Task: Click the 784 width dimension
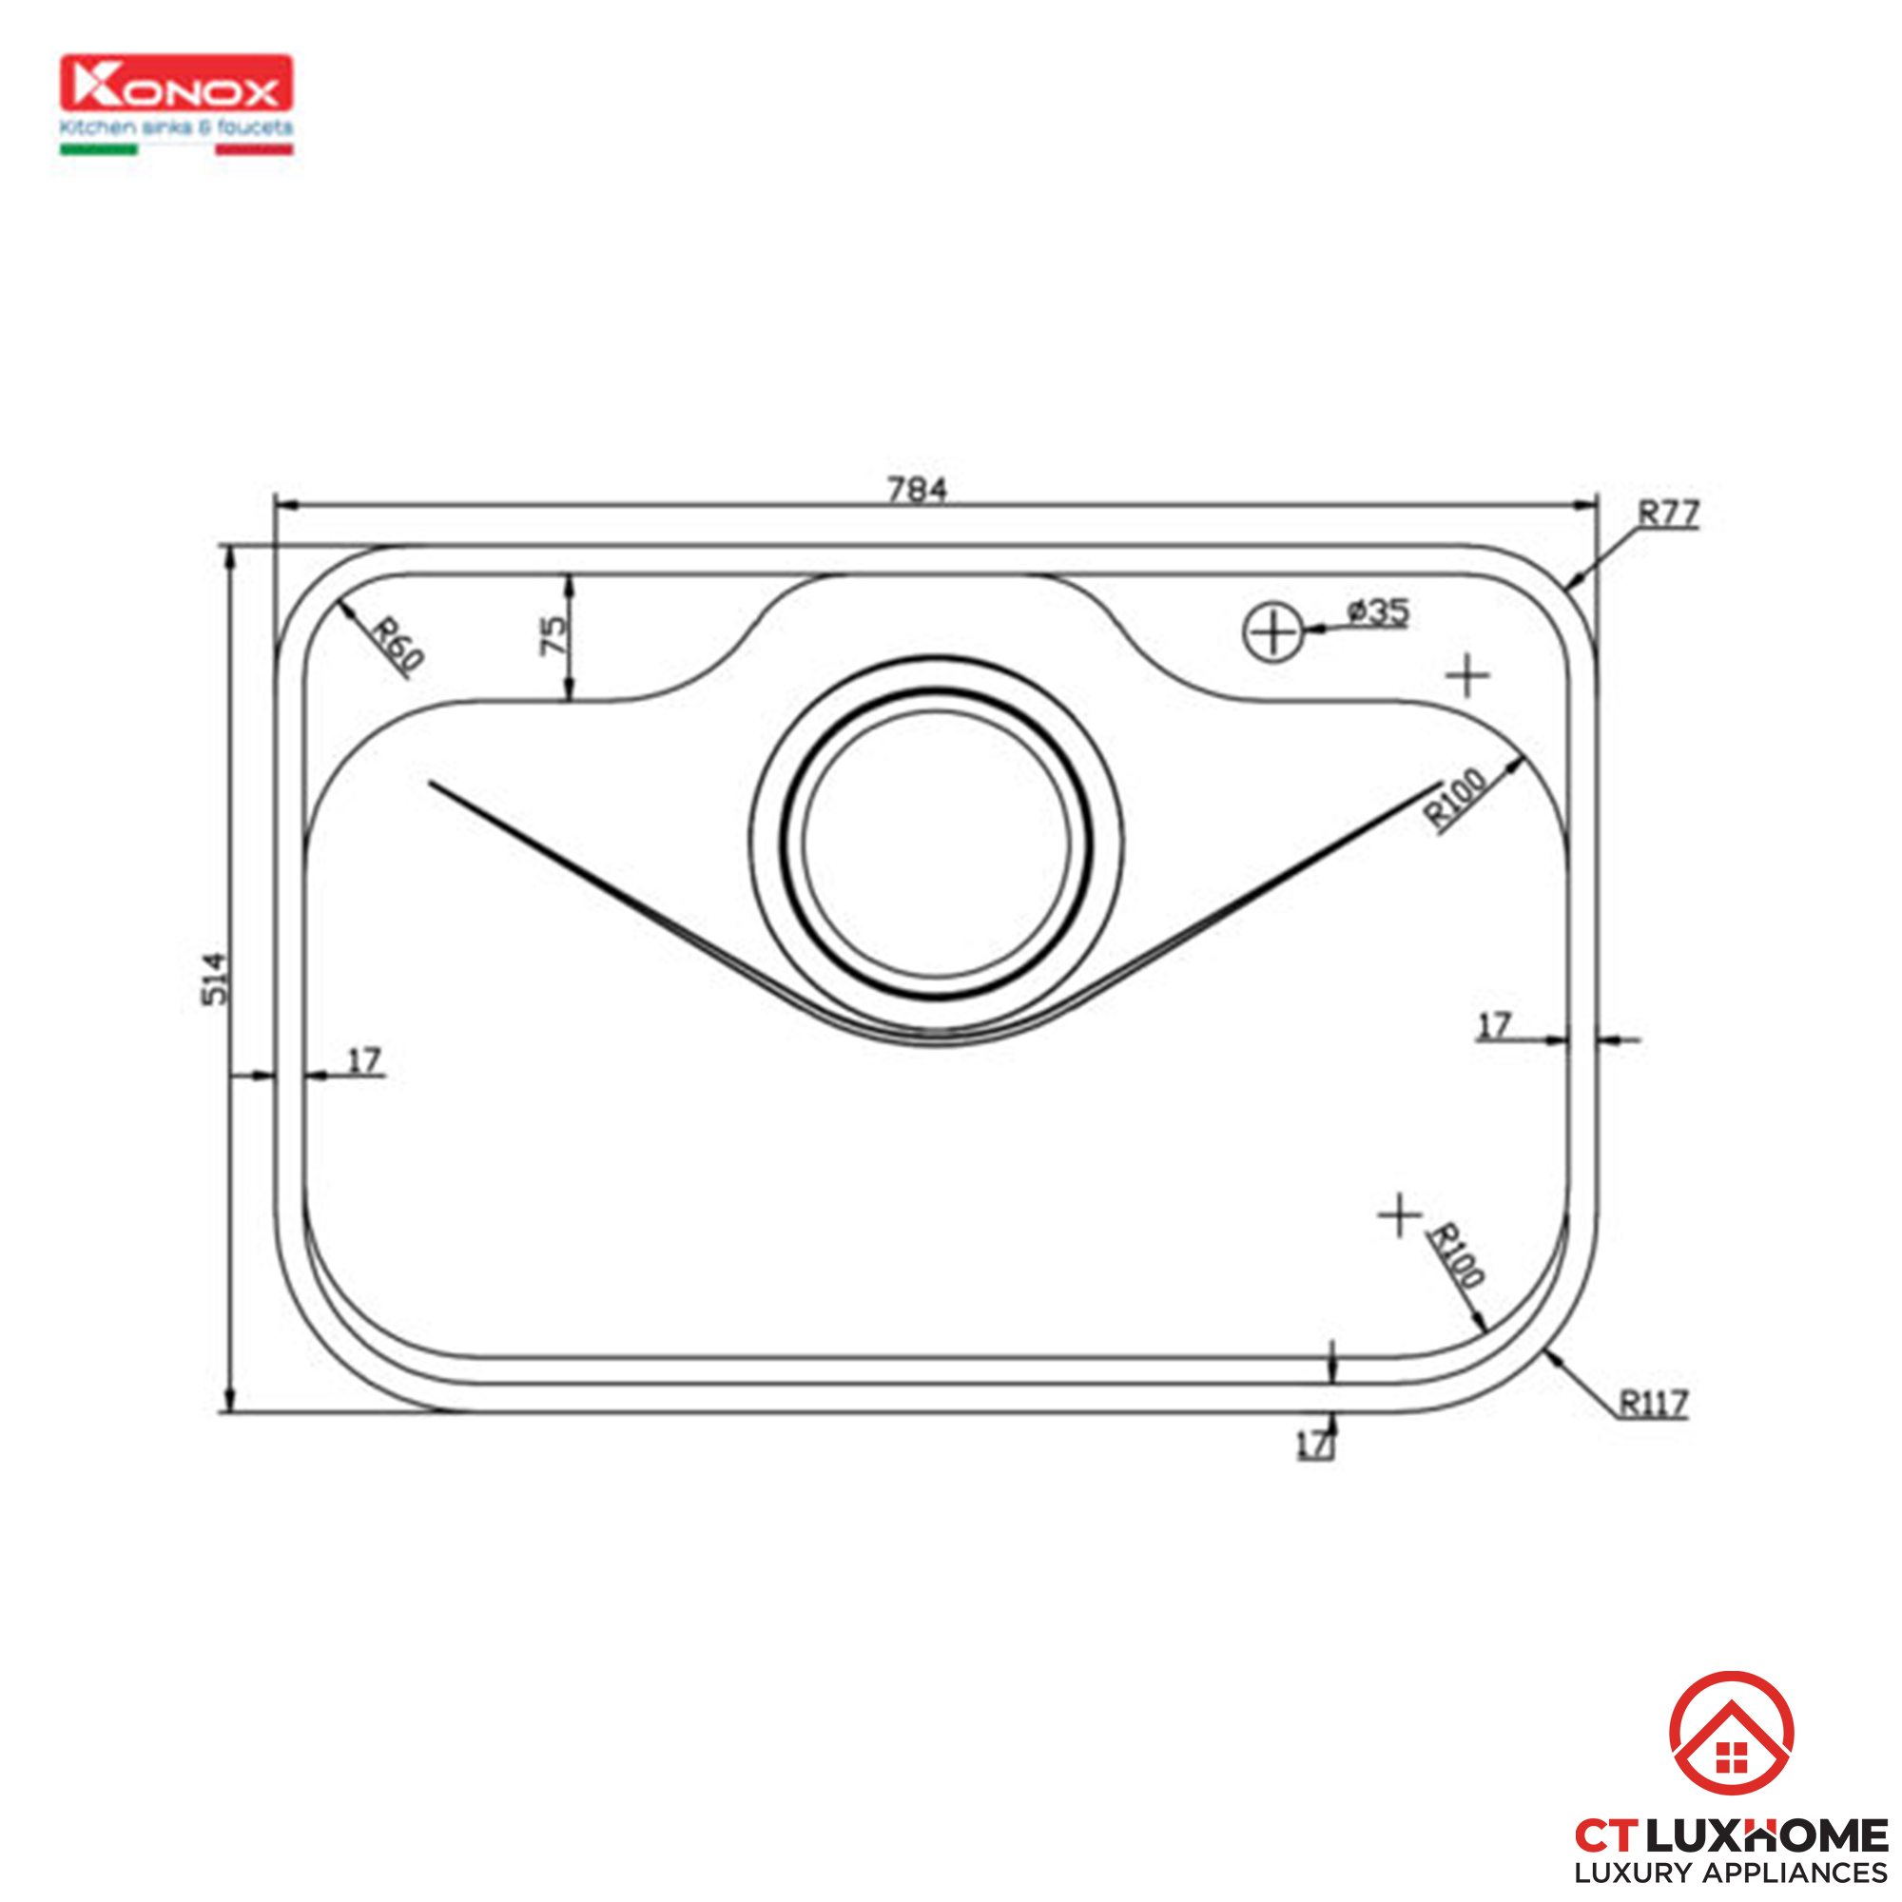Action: [917, 489]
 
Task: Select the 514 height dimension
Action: [215, 979]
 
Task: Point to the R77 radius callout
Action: [1668, 513]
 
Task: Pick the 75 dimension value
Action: [554, 635]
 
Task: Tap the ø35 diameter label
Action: [1378, 612]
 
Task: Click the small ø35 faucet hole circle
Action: [1273, 632]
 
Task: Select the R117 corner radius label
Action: [1654, 1403]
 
